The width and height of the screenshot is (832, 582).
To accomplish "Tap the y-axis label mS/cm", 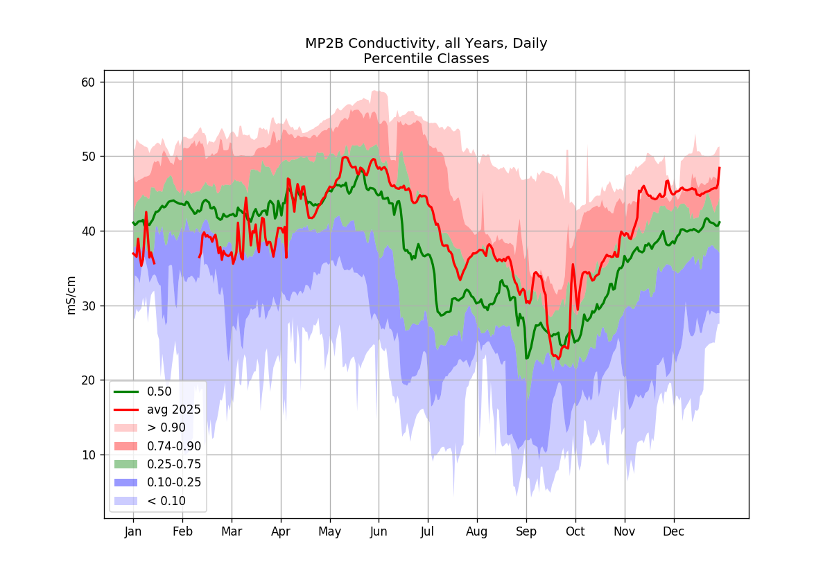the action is coord(71,295).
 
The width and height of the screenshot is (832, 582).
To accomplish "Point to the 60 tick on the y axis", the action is coord(89,82).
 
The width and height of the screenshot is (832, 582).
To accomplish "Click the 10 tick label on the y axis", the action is coord(89,455).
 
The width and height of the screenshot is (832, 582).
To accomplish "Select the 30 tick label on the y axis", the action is coord(89,306).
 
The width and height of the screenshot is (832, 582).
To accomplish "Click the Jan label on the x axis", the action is coord(133,531).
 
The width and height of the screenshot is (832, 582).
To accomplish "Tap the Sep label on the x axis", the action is coord(526,531).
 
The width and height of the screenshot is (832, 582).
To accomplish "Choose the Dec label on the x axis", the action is coord(673,531).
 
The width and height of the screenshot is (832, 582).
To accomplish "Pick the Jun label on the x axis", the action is coord(379,531).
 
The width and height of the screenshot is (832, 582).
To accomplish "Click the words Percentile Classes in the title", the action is coord(426,59).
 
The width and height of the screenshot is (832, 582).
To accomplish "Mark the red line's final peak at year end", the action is coord(720,168).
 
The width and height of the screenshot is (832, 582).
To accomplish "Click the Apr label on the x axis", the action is coord(280,531).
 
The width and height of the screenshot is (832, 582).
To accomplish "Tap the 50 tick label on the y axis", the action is coord(89,157).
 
